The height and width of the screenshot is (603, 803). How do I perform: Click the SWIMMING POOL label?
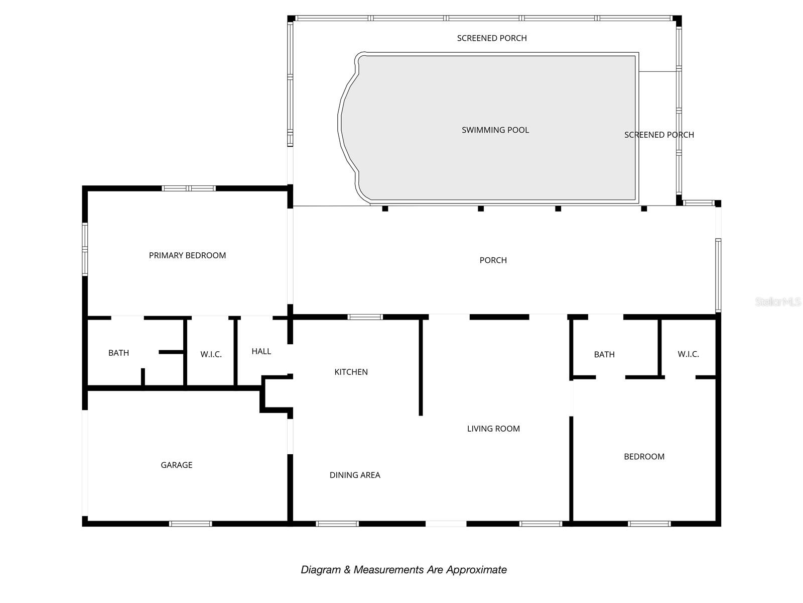pyautogui.click(x=495, y=130)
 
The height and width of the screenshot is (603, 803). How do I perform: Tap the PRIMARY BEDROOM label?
pyautogui.click(x=187, y=255)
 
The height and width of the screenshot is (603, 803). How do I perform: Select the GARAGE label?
pyautogui.click(x=176, y=465)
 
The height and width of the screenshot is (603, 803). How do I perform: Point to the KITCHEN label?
pyautogui.click(x=351, y=372)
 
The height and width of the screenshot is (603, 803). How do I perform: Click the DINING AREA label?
pyautogui.click(x=355, y=475)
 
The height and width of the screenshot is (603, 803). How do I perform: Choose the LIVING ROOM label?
pyautogui.click(x=493, y=429)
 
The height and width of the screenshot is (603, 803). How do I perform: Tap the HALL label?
pyautogui.click(x=261, y=351)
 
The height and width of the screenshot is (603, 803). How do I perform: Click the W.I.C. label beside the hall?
pyautogui.click(x=211, y=354)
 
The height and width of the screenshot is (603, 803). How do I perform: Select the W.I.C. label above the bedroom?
pyautogui.click(x=688, y=354)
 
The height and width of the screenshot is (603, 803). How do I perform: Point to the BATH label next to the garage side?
pyautogui.click(x=118, y=353)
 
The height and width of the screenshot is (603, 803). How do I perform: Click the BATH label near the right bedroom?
pyautogui.click(x=604, y=354)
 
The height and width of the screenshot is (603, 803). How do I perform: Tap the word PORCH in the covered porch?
pyautogui.click(x=493, y=260)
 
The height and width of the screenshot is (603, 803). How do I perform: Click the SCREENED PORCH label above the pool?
pyautogui.click(x=492, y=38)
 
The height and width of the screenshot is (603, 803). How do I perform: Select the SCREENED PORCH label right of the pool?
pyautogui.click(x=659, y=135)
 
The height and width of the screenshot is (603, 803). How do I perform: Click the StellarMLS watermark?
pyautogui.click(x=777, y=302)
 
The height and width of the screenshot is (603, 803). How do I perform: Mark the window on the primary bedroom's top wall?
pyautogui.click(x=189, y=188)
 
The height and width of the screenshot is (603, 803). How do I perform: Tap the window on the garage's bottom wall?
pyautogui.click(x=190, y=524)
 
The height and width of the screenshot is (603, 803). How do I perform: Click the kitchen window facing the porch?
pyautogui.click(x=365, y=317)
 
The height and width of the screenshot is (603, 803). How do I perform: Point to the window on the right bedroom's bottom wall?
pyautogui.click(x=649, y=524)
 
